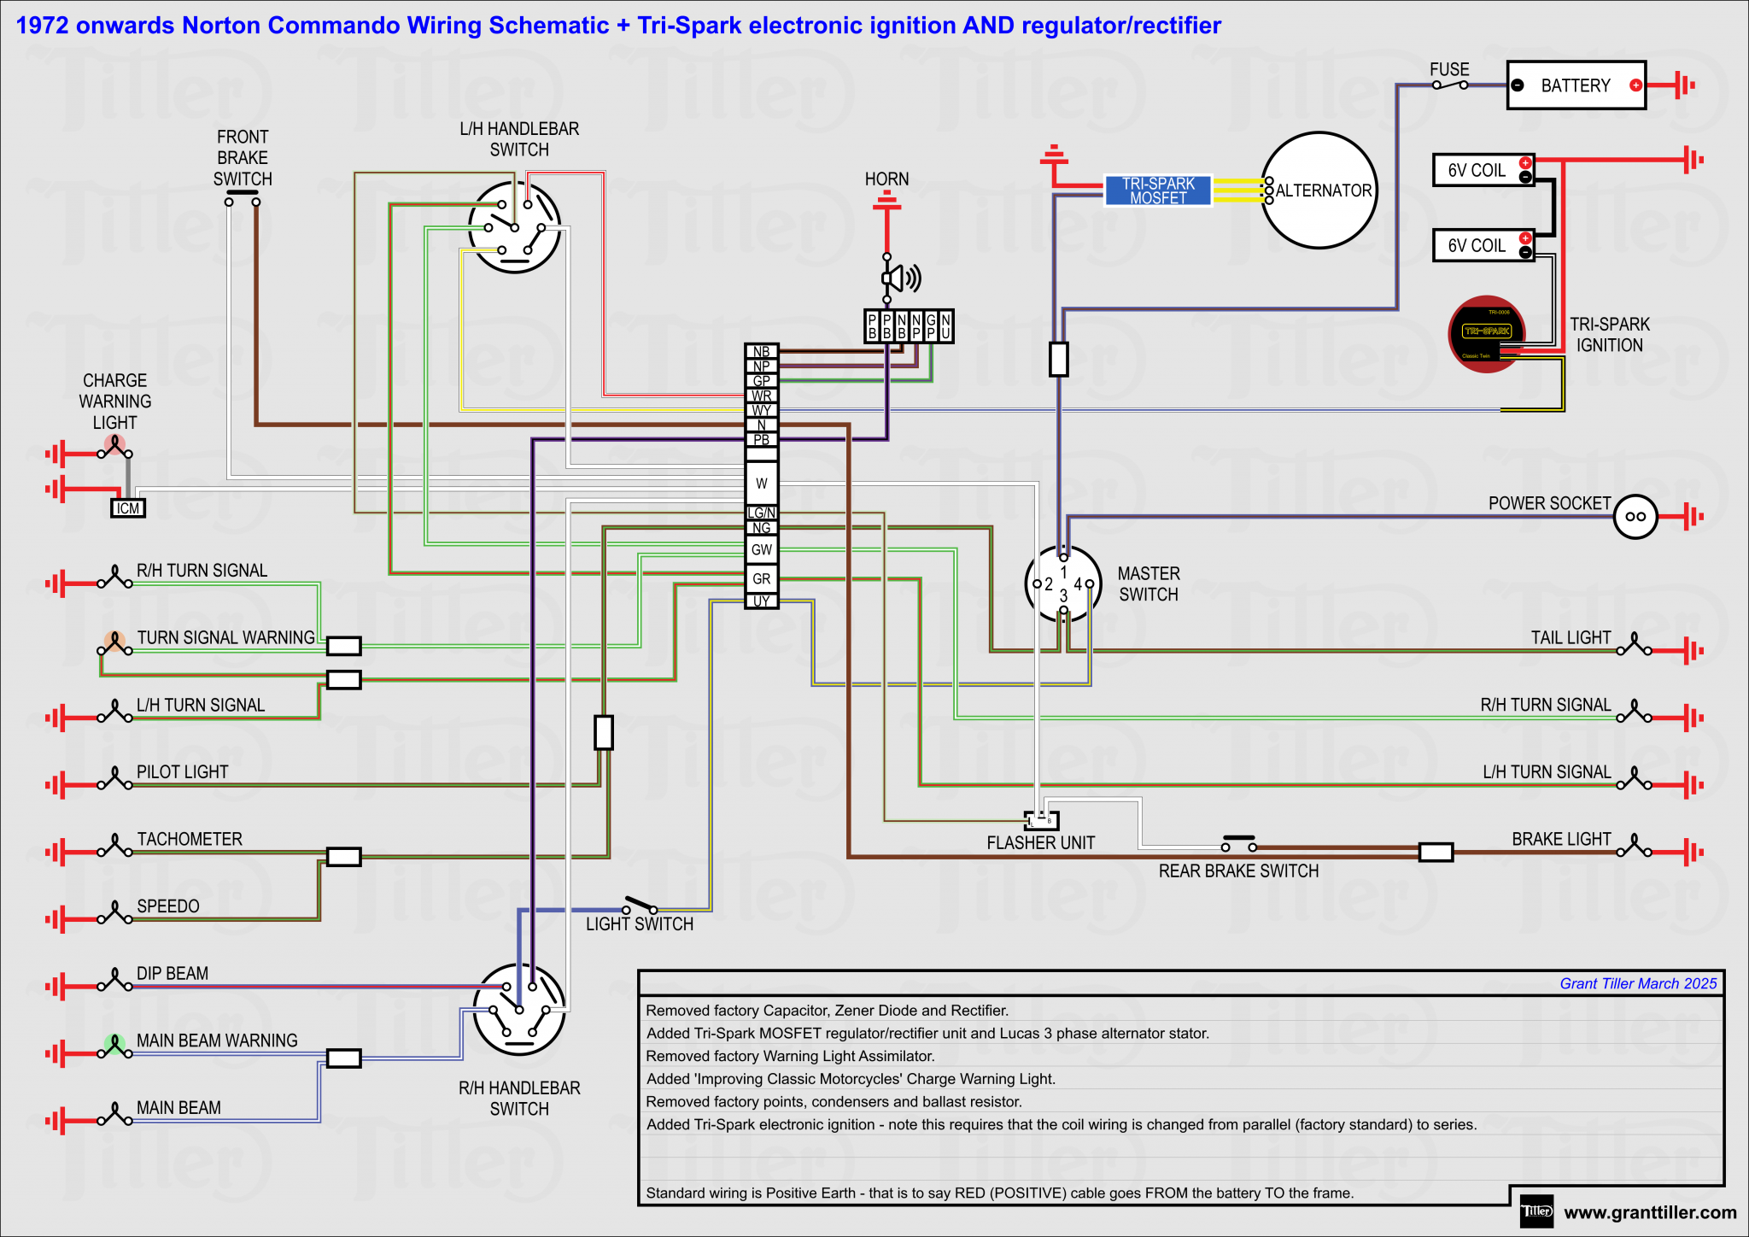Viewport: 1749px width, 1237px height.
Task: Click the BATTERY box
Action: pyautogui.click(x=1576, y=85)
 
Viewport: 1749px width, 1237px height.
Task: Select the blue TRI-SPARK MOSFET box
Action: pyautogui.click(x=1158, y=191)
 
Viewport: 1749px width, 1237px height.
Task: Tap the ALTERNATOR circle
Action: pyautogui.click(x=1319, y=191)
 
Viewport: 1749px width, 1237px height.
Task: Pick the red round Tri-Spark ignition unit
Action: pyautogui.click(x=1486, y=334)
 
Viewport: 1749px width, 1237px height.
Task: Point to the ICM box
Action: pyautogui.click(x=128, y=508)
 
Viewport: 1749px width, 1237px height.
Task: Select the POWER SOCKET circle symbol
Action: pyautogui.click(x=1635, y=516)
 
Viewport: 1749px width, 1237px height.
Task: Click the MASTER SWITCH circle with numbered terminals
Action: pyautogui.click(x=1063, y=584)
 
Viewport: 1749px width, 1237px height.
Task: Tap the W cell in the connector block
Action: pyautogui.click(x=761, y=484)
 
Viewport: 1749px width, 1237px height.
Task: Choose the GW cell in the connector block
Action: pyautogui.click(x=761, y=549)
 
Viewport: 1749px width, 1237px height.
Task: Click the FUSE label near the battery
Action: pyautogui.click(x=1449, y=69)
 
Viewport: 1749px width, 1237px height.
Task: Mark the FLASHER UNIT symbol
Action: pyautogui.click(x=1041, y=821)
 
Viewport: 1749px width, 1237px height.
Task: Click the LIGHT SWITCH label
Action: pyautogui.click(x=639, y=924)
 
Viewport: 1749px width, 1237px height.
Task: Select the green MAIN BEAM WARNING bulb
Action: pyautogui.click(x=114, y=1044)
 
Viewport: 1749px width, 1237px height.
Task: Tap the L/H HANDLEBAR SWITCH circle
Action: pyautogui.click(x=515, y=227)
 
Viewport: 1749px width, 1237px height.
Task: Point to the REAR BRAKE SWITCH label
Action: pyautogui.click(x=1238, y=871)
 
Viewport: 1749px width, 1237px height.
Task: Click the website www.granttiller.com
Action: pyautogui.click(x=1650, y=1212)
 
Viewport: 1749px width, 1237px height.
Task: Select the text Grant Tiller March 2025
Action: pyautogui.click(x=1637, y=983)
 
